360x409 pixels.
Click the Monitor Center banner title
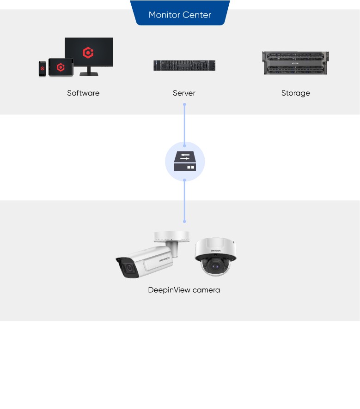[180, 15]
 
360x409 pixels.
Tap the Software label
[83, 93]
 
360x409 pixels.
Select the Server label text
[184, 93]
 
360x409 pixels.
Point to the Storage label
[295, 93]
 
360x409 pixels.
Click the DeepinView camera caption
[184, 290]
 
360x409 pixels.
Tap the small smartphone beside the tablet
[42, 68]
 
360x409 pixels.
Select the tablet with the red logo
[61, 67]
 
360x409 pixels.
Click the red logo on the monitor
[88, 53]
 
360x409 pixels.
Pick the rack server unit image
[184, 65]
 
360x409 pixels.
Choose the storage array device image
[295, 63]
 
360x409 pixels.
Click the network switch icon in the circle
[185, 162]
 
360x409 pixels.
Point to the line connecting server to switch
[184, 125]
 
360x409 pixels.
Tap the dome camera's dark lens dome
[214, 265]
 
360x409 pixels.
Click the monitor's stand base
[89, 74]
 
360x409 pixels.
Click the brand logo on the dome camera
[216, 250]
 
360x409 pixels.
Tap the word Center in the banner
[197, 15]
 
